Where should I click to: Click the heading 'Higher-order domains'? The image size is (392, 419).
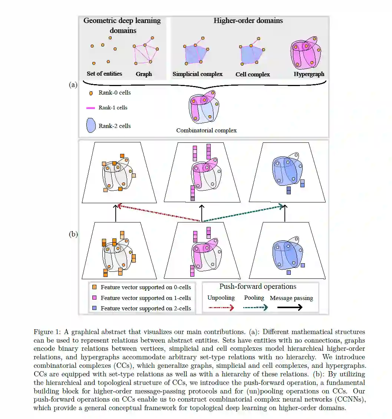point(248,21)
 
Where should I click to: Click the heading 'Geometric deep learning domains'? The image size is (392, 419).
point(122,25)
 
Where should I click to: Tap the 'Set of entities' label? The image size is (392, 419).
point(104,73)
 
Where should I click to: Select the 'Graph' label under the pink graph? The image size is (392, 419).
point(144,74)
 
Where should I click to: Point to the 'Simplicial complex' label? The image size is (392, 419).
point(197,74)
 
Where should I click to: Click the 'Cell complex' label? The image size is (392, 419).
point(253,74)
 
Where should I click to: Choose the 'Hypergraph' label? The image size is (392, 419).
point(309,74)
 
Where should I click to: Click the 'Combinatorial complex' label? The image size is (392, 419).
point(206,130)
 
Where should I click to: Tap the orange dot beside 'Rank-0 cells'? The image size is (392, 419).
point(91,93)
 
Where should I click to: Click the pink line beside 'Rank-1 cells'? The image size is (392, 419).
point(91,108)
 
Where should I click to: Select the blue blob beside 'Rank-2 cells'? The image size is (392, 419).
point(91,126)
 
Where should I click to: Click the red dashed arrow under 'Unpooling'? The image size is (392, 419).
point(221,308)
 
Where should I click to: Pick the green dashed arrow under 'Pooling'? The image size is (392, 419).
point(255,308)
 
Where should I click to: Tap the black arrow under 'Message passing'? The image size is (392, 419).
point(290,307)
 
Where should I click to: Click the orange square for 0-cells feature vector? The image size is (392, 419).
point(94,287)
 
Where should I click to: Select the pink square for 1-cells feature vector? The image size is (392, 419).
point(94,298)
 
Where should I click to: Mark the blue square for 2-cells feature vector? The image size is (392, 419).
point(94,308)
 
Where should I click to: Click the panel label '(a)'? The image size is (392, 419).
point(73,85)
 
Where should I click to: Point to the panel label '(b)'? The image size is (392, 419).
point(73,234)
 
